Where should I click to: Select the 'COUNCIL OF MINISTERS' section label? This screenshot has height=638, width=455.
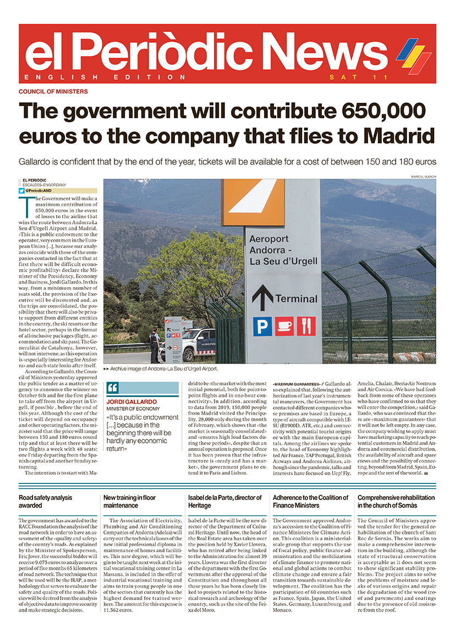coord(53,91)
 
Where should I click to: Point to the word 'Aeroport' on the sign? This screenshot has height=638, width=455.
coord(269,239)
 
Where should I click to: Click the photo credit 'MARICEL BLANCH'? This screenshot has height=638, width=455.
coord(423,176)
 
